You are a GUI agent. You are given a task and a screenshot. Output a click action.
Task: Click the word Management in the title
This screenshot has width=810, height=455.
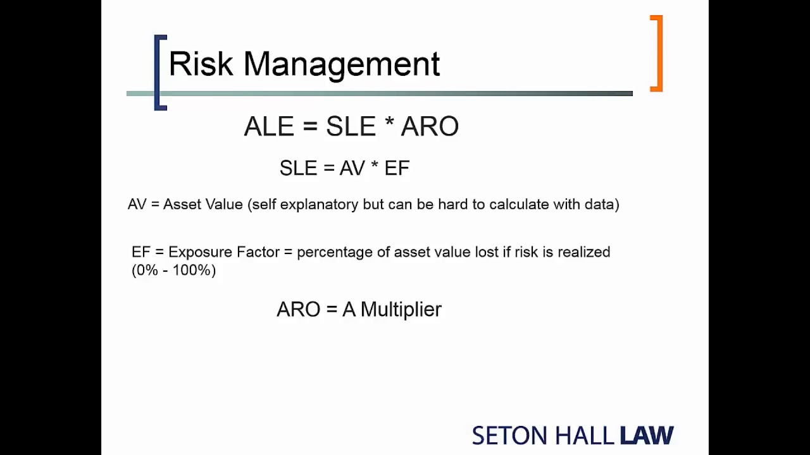(x=342, y=64)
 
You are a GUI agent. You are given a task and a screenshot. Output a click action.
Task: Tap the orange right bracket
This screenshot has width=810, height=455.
(x=657, y=54)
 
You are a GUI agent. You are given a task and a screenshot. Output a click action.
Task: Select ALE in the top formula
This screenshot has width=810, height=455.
(x=269, y=127)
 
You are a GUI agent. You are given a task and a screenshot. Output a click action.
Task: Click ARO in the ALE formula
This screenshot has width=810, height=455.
(x=430, y=127)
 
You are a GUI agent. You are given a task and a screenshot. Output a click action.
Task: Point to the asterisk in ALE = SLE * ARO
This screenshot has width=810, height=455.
(x=389, y=124)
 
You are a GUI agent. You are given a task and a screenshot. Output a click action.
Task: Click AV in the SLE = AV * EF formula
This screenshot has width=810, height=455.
(x=352, y=168)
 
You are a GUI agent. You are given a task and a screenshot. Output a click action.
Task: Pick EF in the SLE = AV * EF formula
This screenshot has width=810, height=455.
(x=397, y=168)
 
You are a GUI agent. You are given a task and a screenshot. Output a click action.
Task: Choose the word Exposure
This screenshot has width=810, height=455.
(x=201, y=252)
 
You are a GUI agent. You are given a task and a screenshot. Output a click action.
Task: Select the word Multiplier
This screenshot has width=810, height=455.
(x=401, y=310)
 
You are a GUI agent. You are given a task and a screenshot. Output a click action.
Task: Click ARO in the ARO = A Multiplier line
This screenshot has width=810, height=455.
(x=299, y=310)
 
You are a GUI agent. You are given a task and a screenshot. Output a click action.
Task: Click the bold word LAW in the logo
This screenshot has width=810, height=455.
(x=646, y=436)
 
